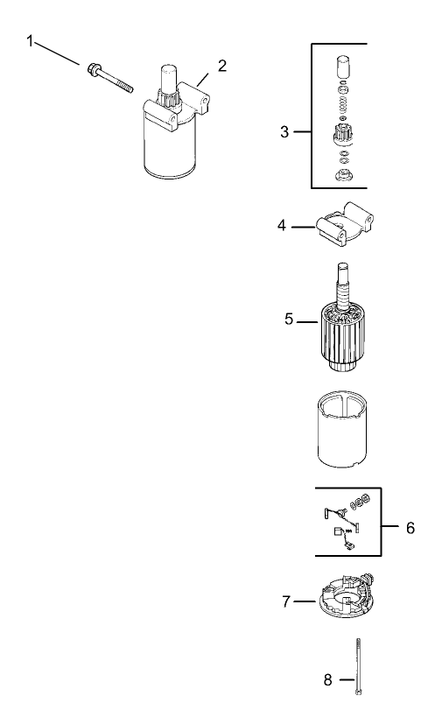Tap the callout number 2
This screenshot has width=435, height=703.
click(x=222, y=67)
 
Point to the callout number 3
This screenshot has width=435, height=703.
click(x=284, y=132)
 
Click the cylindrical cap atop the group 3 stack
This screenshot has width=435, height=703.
click(x=343, y=67)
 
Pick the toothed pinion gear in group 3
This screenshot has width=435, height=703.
click(x=342, y=137)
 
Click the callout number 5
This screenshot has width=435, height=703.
click(x=289, y=320)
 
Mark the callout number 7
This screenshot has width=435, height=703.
click(x=284, y=602)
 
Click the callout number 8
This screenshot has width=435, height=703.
click(x=328, y=678)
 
